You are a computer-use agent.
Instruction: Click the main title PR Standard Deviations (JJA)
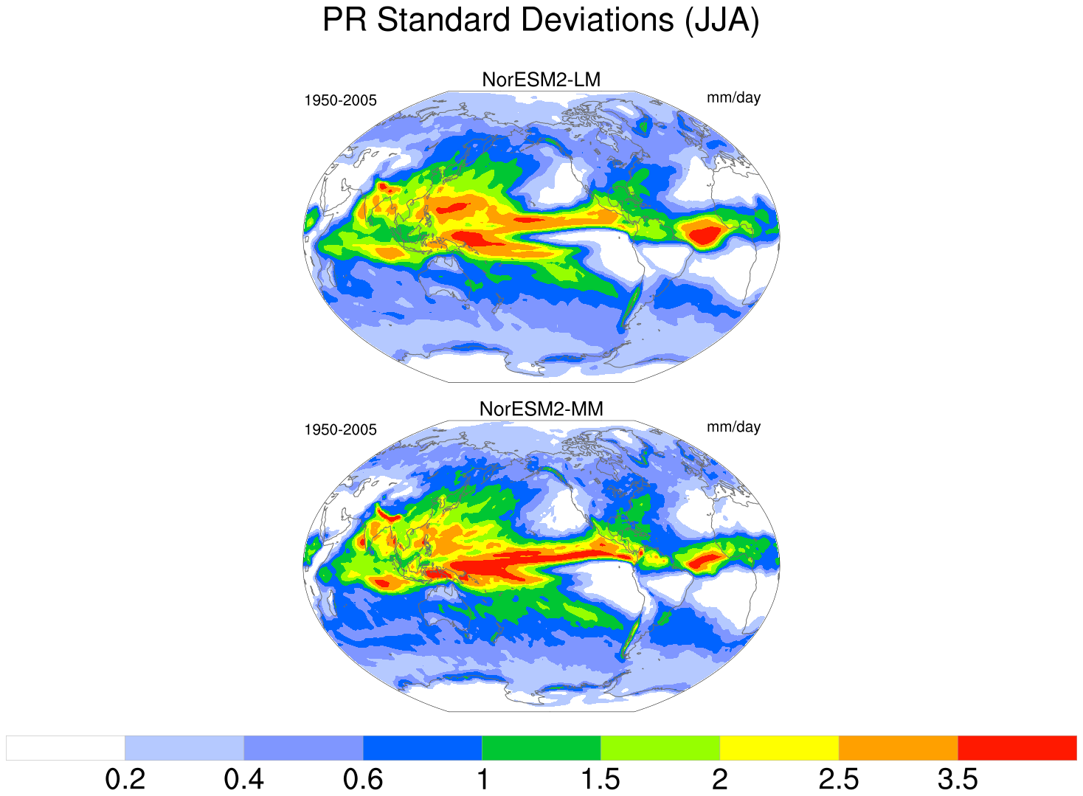[541, 21]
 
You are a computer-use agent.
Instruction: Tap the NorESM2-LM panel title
[541, 80]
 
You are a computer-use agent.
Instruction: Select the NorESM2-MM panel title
[541, 409]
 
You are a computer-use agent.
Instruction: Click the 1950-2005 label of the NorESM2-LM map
[340, 100]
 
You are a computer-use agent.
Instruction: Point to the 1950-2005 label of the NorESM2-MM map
[340, 429]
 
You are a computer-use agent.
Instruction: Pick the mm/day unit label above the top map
[733, 97]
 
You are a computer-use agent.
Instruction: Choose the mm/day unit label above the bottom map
[733, 427]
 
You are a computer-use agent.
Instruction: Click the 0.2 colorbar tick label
[125, 779]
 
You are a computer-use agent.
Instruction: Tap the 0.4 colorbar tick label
[243, 779]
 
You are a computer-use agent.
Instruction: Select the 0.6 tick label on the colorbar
[363, 779]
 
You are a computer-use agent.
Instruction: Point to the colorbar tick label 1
[482, 779]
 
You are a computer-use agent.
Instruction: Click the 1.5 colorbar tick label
[601, 779]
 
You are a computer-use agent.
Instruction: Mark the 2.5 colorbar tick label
[838, 779]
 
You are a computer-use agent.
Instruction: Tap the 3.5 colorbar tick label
[958, 779]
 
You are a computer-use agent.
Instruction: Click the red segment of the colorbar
[1017, 747]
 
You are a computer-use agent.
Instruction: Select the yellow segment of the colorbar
[779, 747]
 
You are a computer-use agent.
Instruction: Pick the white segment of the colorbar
[65, 747]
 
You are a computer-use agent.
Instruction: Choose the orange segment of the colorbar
[898, 747]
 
